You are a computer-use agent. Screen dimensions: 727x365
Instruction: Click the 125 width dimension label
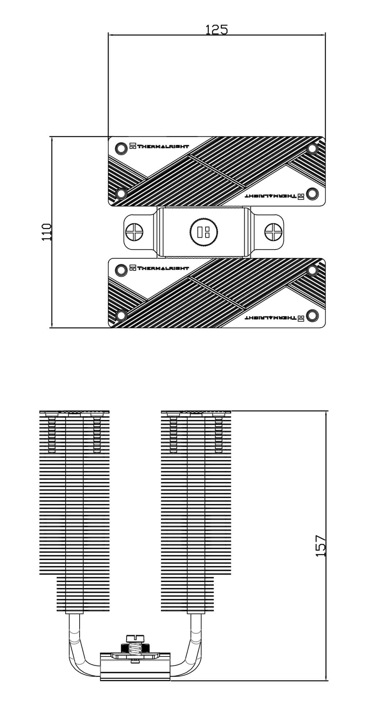216,30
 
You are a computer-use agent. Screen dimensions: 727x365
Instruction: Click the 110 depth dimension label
47,232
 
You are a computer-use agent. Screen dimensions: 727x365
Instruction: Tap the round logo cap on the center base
204,232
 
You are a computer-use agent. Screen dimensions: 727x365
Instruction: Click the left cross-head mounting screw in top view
134,232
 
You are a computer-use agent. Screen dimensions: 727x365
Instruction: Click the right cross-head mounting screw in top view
273,232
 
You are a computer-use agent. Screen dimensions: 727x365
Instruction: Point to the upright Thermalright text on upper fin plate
159,146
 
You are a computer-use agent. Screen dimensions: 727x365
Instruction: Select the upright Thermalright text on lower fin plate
159,268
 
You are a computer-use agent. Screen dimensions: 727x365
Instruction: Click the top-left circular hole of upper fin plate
120,148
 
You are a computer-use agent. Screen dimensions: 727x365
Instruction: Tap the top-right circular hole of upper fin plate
312,149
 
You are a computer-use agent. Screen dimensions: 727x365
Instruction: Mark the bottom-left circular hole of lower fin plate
121,315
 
